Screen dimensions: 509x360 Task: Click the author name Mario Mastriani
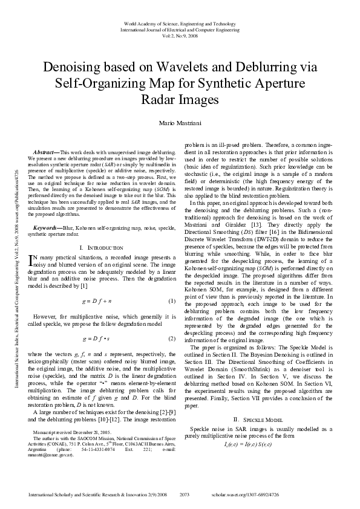180,123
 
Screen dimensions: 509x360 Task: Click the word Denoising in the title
76,67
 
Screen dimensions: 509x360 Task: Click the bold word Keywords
47,227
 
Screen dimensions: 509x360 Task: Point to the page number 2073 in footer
186,494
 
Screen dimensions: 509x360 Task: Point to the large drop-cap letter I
32,260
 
